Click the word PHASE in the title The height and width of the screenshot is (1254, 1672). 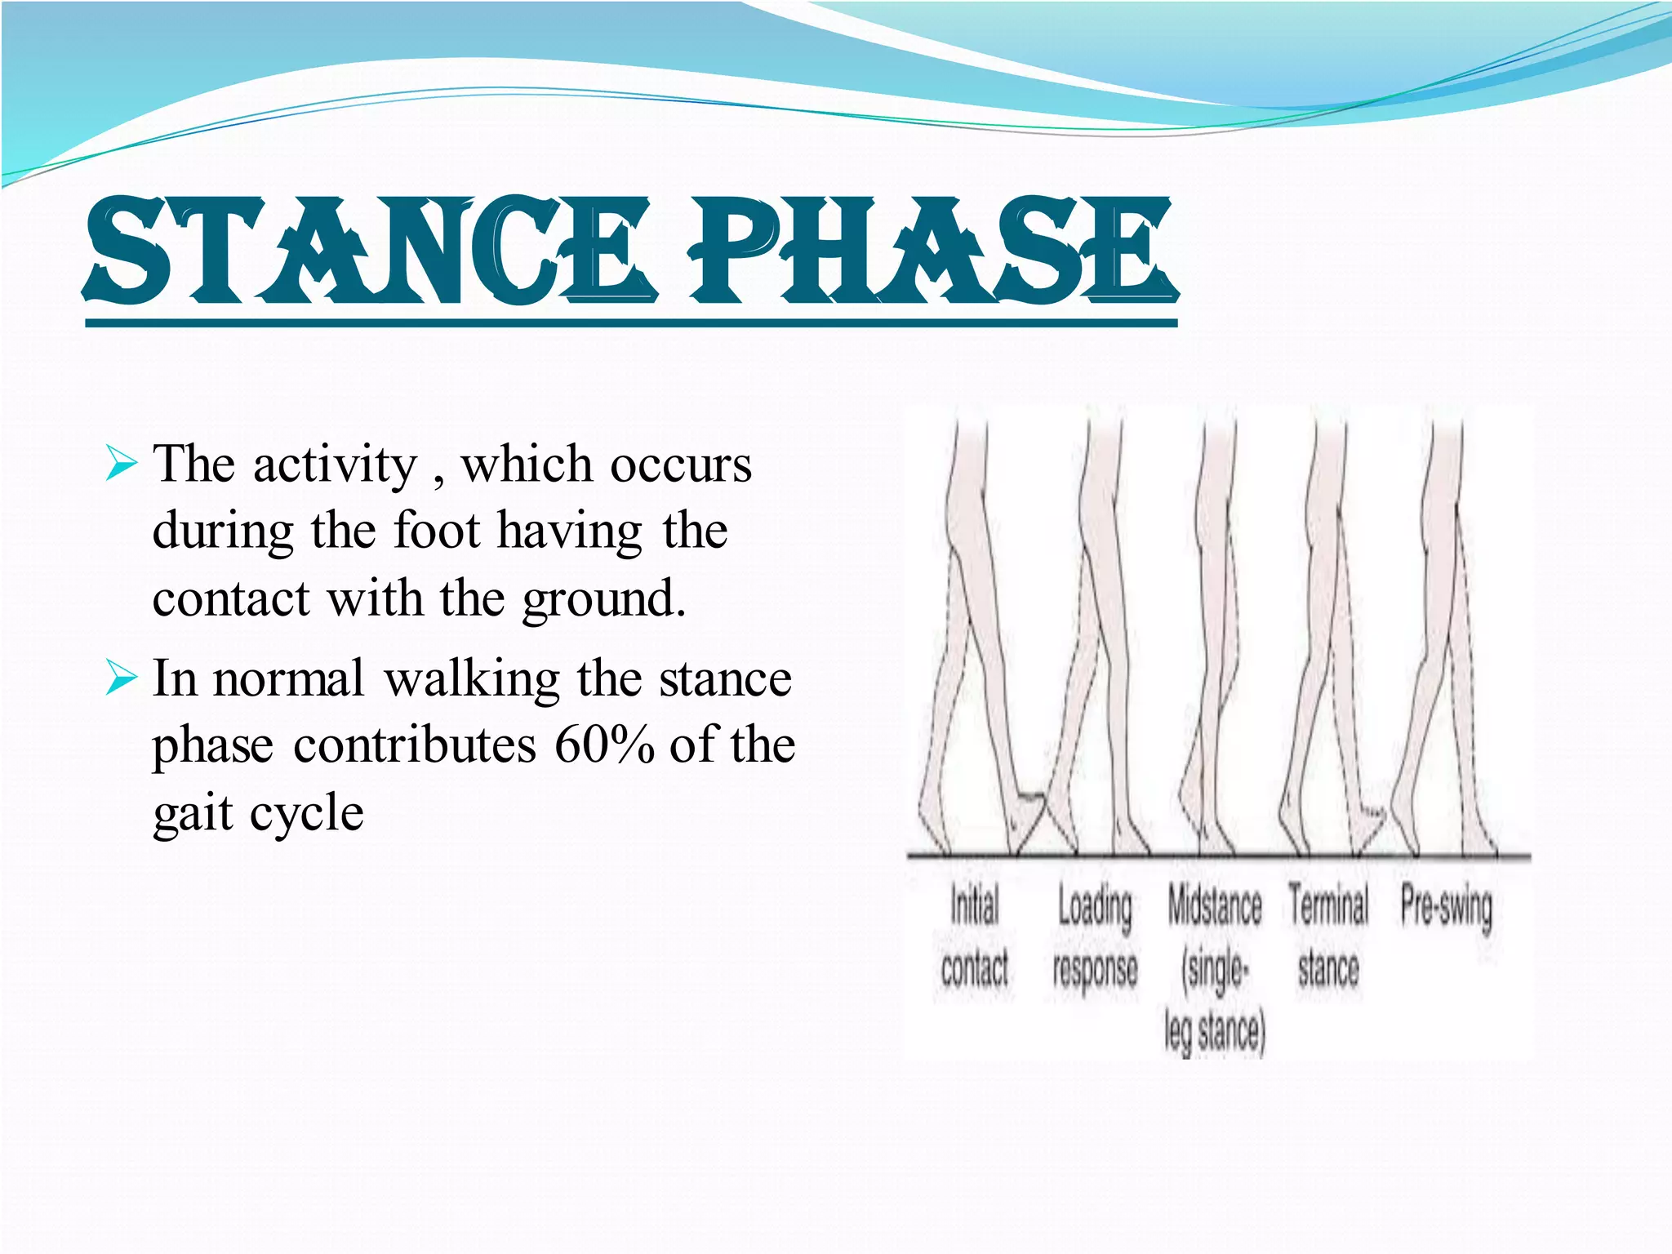point(931,251)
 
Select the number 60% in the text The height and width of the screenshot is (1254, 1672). point(604,745)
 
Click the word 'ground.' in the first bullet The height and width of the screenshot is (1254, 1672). point(604,600)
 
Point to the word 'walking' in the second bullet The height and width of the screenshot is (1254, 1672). point(472,679)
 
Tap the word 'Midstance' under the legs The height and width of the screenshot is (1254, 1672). point(1214,906)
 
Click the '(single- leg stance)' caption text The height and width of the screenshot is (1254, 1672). point(1215,1001)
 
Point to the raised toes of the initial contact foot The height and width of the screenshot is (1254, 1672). point(1030,800)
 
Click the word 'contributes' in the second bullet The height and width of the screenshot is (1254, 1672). point(415,745)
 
